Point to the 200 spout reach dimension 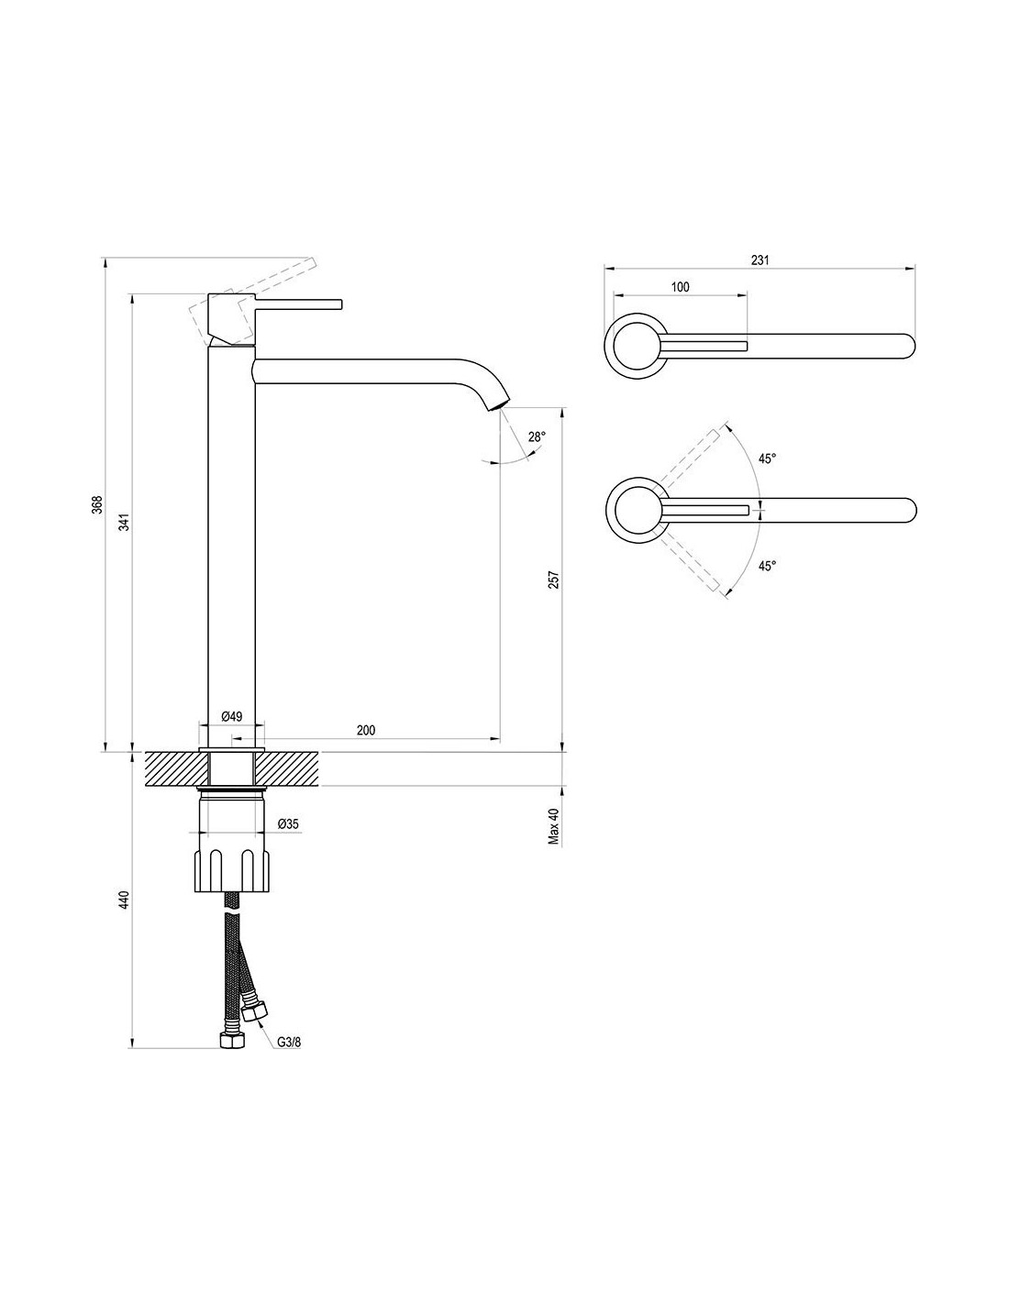pos(365,730)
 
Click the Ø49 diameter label pos(231,716)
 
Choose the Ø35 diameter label pos(289,824)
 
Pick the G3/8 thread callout pos(290,1042)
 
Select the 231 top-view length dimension pos(760,260)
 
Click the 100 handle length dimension pos(680,287)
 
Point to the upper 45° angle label pos(767,457)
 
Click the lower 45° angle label pos(767,566)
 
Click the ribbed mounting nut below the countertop pos(233,870)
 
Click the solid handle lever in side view pos(294,304)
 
